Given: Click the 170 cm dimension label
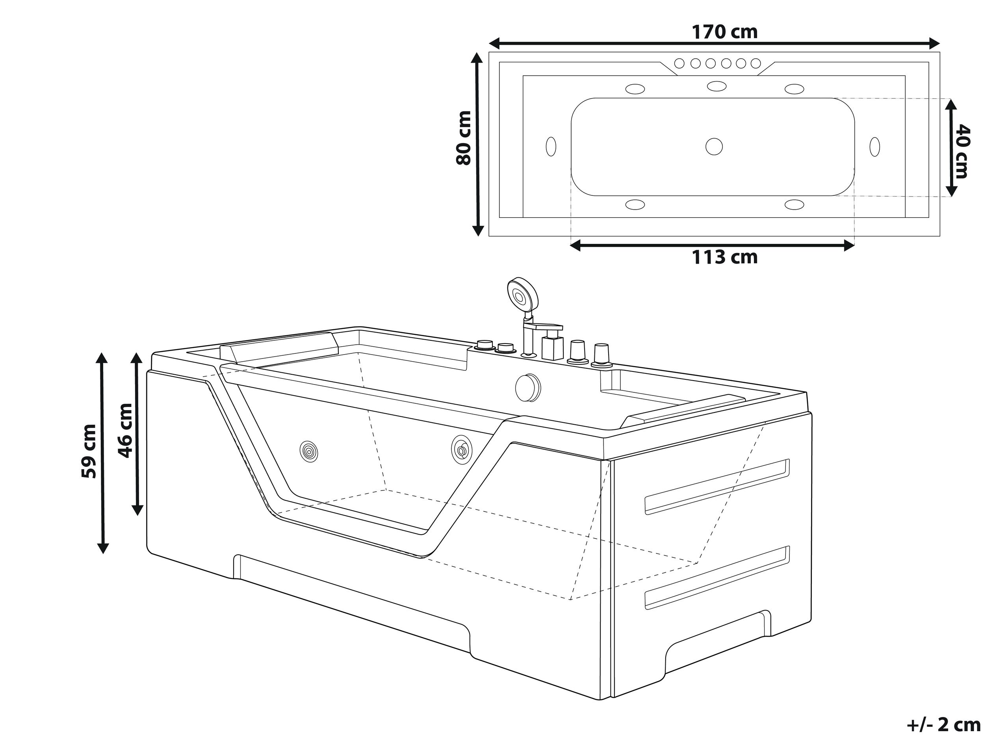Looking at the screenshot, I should pos(724,32).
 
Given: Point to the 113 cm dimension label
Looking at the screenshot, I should pos(724,258).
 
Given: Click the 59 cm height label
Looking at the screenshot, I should pos(89,451).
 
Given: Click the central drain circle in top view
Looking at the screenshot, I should pos(714,146).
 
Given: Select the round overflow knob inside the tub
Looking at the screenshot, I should pos(528,387).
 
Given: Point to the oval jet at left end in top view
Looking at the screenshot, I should pos(551,147).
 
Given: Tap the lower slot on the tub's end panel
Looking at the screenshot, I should pos(717,579).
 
